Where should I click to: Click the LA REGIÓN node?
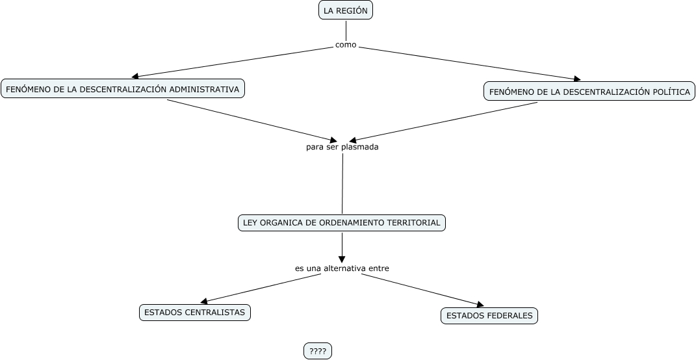(346, 10)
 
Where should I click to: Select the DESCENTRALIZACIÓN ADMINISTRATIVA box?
(123, 88)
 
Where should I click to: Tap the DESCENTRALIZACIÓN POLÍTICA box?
(589, 92)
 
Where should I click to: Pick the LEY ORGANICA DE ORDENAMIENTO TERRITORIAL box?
(341, 223)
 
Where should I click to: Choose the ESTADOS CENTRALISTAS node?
(194, 313)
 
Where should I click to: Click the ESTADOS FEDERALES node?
(489, 316)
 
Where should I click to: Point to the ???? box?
(318, 351)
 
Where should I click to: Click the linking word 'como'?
(346, 45)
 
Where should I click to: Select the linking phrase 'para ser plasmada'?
(342, 147)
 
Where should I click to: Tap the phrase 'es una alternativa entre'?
(342, 268)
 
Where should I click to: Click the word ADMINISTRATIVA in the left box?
(204, 88)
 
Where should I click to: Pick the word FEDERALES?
(511, 316)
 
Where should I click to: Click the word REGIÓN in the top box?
(354, 10)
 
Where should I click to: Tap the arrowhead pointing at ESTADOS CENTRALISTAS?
(204, 302)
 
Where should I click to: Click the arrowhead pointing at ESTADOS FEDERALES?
(480, 304)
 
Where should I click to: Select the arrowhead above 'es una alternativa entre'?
(342, 259)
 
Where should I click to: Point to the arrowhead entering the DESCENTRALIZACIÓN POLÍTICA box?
(576, 79)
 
